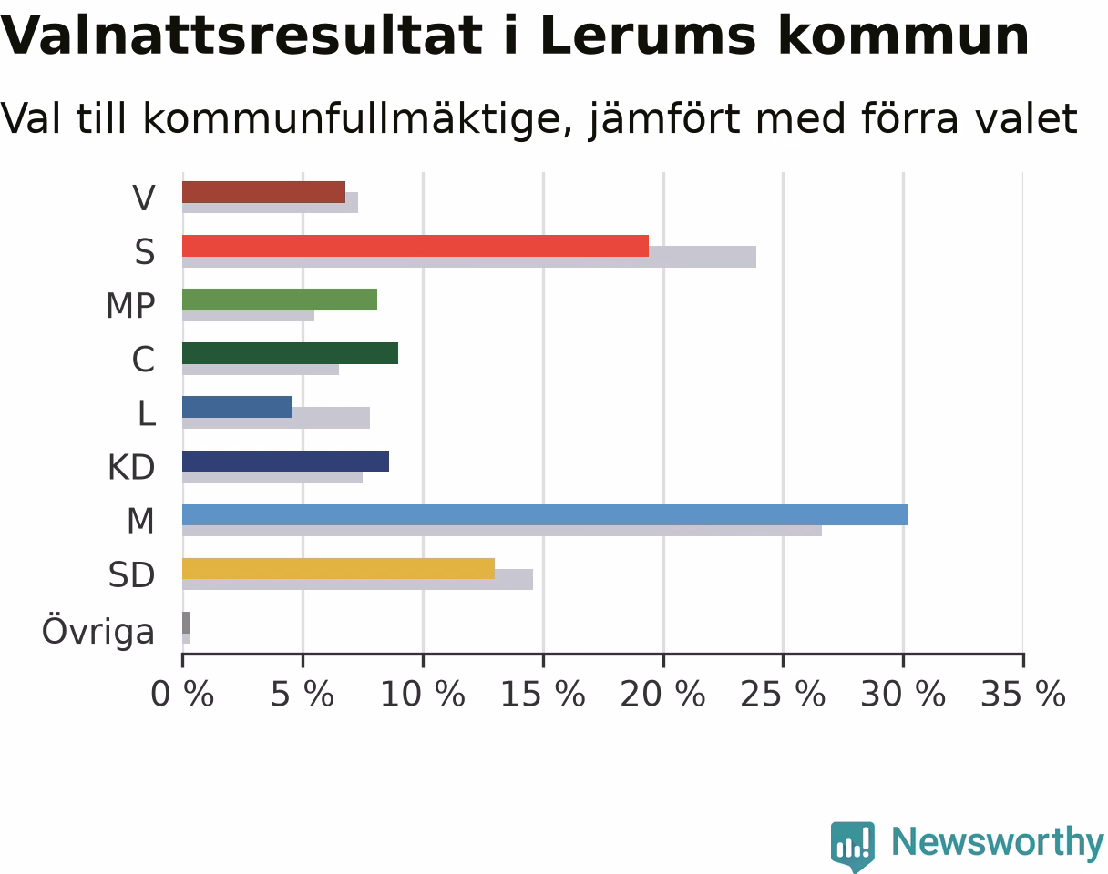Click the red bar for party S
click(415, 246)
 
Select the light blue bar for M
click(545, 515)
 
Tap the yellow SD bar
click(338, 568)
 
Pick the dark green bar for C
click(290, 353)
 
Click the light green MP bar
click(280, 300)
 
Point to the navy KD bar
click(286, 461)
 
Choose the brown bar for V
click(263, 192)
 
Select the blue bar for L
click(237, 407)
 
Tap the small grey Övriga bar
click(186, 623)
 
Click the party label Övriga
click(97, 631)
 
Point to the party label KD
click(131, 467)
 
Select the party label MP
click(130, 306)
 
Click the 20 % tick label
click(663, 694)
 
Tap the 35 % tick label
click(1023, 694)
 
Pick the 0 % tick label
click(182, 694)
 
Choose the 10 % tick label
click(423, 694)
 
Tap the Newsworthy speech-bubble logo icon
click(853, 845)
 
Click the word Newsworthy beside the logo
click(998, 842)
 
